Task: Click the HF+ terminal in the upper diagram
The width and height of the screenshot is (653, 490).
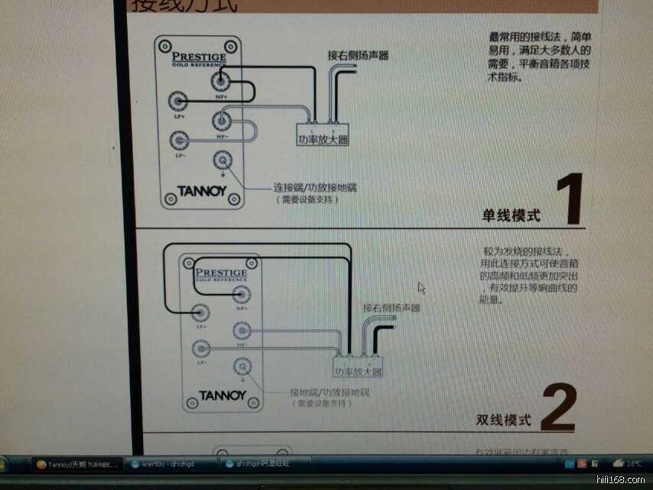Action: click(x=221, y=80)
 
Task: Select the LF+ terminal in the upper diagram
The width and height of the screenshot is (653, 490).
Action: click(x=179, y=100)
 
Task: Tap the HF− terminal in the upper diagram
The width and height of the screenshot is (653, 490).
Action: click(x=222, y=119)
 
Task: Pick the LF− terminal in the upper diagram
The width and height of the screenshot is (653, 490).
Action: click(x=179, y=139)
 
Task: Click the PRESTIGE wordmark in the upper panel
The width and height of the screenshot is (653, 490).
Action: click(x=199, y=56)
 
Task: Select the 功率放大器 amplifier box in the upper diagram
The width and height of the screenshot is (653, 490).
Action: click(x=323, y=139)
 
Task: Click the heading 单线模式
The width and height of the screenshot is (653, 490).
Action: click(x=511, y=215)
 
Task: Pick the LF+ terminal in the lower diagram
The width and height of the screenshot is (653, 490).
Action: click(x=201, y=311)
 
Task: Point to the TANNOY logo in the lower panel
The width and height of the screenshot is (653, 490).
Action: click(x=223, y=396)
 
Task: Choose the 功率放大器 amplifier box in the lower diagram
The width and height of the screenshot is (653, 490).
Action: click(x=358, y=371)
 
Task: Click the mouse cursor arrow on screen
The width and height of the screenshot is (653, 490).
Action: click(x=421, y=288)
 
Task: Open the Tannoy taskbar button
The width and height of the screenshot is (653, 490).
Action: click(x=78, y=464)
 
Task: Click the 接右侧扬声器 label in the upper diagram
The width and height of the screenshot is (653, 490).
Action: click(x=358, y=55)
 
